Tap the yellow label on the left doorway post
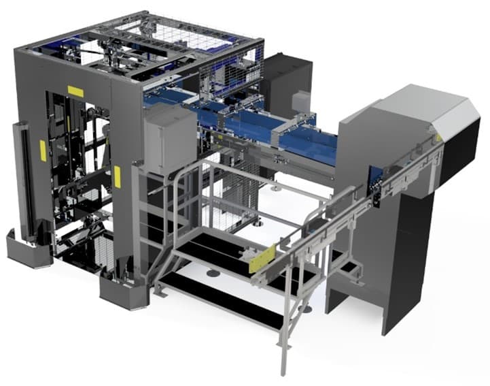[x=43, y=149]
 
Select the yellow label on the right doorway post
[x=117, y=176]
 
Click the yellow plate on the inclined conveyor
[x=262, y=261]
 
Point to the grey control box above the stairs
[x=170, y=140]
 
